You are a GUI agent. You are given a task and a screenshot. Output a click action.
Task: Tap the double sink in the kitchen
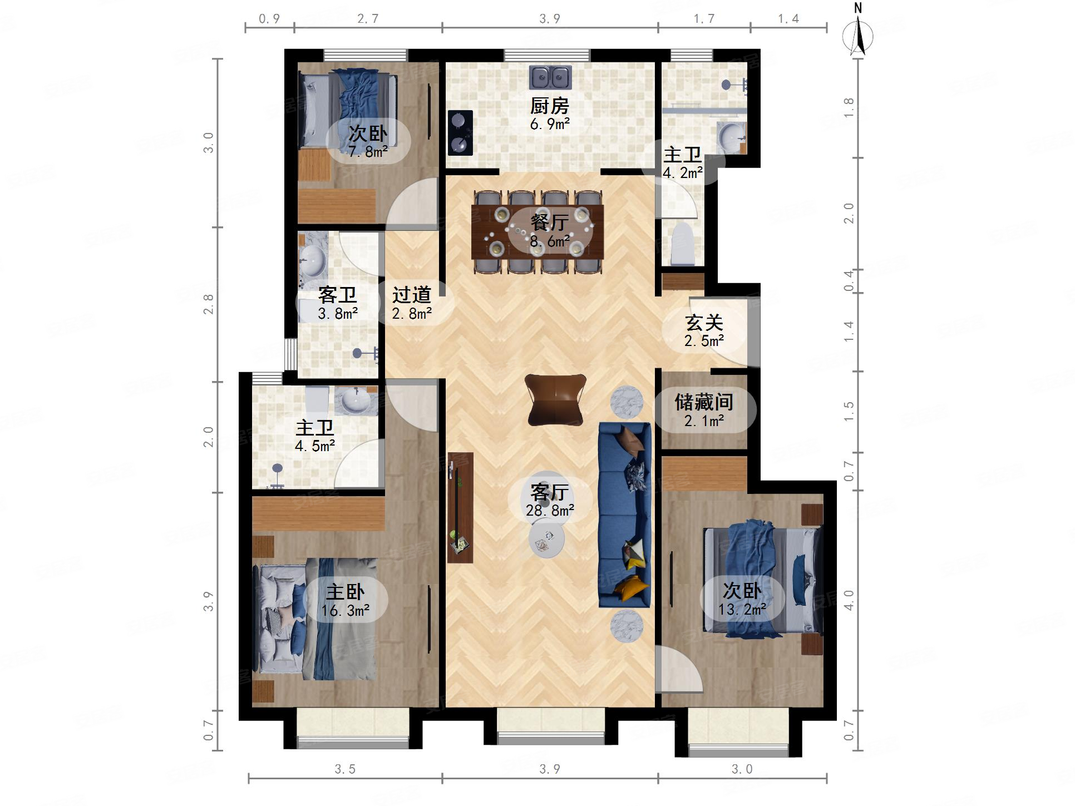click(x=550, y=77)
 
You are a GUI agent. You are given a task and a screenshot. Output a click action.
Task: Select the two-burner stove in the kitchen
click(x=460, y=133)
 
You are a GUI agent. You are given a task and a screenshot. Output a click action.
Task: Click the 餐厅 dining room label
click(x=550, y=222)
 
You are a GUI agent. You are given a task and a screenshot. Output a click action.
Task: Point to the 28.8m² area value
click(x=550, y=510)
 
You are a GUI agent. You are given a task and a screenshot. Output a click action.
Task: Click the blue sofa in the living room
click(x=624, y=515)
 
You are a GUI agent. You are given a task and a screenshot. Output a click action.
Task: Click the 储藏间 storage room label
click(x=704, y=402)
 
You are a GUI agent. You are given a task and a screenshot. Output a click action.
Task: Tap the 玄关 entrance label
click(x=704, y=323)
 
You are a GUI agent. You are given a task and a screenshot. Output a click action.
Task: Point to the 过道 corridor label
click(x=412, y=295)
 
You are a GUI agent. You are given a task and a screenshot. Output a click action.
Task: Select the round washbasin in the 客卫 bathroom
click(x=312, y=261)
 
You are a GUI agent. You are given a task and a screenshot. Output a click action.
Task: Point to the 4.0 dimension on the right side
click(x=849, y=601)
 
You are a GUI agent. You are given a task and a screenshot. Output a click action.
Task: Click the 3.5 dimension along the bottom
click(x=345, y=769)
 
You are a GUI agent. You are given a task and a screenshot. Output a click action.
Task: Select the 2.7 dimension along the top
click(x=368, y=19)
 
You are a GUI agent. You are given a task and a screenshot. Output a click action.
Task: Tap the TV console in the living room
click(x=460, y=507)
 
